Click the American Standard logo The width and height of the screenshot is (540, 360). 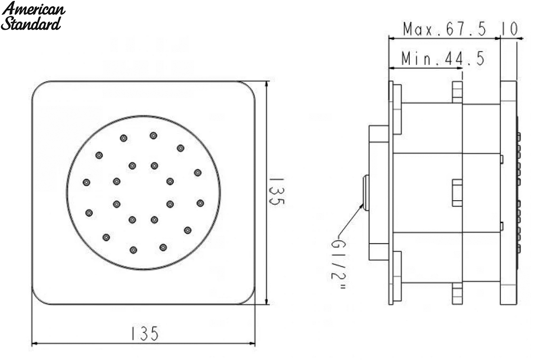point(33,16)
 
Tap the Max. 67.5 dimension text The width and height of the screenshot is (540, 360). point(444,29)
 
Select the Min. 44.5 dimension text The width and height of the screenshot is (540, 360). point(443,58)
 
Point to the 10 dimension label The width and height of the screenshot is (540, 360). point(509,29)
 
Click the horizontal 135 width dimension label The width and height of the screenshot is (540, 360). point(144,333)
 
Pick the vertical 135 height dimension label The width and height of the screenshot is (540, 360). point(277,191)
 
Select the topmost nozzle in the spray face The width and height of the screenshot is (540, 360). point(153,135)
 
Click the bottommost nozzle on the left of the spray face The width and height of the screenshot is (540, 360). point(133,250)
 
